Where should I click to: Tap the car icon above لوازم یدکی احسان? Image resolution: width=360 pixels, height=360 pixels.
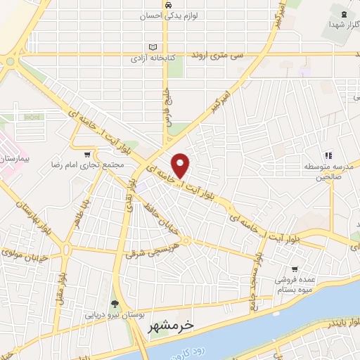(x=169, y=4)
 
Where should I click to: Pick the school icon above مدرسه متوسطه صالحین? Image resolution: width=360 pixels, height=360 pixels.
(x=328, y=155)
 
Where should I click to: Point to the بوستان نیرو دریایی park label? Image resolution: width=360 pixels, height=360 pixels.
(x=115, y=316)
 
